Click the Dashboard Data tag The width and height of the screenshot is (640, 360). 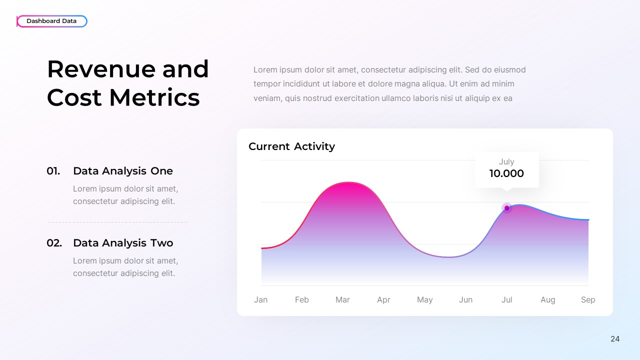(x=51, y=21)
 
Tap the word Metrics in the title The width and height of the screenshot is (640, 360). (x=154, y=97)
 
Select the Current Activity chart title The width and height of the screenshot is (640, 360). (x=291, y=146)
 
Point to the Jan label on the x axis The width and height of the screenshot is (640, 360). (x=260, y=299)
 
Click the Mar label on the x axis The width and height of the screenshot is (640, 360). (x=342, y=299)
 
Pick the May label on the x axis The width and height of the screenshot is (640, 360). (x=424, y=299)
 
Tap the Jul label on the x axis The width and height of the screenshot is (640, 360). (x=506, y=299)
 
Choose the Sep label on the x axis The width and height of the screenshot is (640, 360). (x=588, y=299)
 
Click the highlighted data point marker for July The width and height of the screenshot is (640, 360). (x=506, y=208)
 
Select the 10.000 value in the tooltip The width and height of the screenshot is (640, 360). (x=506, y=173)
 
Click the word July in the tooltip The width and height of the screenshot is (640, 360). (x=506, y=161)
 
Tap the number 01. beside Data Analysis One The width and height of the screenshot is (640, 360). (x=53, y=171)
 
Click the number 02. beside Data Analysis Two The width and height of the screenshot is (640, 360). (x=54, y=243)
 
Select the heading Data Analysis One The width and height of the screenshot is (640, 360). (x=123, y=171)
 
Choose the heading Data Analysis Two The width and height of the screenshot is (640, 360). (x=123, y=243)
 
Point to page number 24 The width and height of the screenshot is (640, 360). (x=615, y=339)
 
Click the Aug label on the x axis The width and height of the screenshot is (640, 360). (x=547, y=299)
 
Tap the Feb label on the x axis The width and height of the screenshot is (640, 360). (x=301, y=299)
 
